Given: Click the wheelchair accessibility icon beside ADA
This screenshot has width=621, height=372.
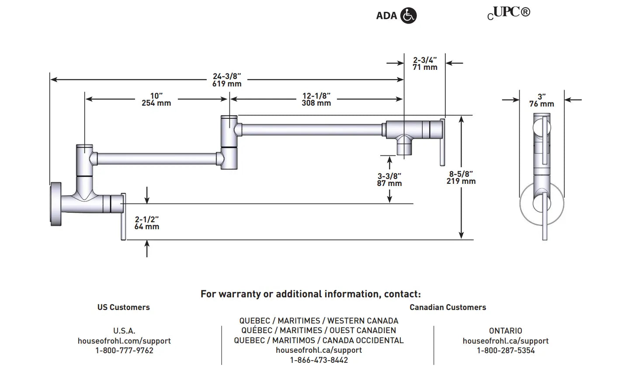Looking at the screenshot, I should point(409,16).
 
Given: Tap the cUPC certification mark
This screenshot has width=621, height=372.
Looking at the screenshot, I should point(509,13).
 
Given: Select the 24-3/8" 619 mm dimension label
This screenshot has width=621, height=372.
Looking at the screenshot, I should point(227,80).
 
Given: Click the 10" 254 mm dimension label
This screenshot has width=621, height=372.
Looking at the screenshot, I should point(156,100).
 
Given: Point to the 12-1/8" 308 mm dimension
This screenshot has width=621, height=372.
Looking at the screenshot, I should point(316,100).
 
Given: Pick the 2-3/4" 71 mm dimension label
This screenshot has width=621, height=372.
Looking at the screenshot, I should point(425,63).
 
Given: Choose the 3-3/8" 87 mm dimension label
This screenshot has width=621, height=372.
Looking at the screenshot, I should point(389,179).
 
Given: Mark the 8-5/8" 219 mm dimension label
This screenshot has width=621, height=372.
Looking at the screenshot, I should point(461,177).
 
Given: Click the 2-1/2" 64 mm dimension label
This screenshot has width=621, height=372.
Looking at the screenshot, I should point(146,223).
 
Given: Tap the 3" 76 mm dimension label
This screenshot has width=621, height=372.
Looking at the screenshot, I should point(541,100).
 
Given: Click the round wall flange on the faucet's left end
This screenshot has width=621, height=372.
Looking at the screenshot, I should point(55,204).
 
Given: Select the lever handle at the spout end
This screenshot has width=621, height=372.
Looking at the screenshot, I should point(442,142).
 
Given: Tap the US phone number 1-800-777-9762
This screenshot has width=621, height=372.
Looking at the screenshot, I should point(124,351).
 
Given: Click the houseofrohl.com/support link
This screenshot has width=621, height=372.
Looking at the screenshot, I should point(124,341).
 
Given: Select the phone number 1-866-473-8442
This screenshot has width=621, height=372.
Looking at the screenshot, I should point(319,360).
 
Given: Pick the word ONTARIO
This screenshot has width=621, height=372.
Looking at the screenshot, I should point(505,331).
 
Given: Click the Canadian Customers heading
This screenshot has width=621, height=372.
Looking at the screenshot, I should point(448,307).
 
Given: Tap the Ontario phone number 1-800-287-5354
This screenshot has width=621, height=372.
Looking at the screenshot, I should point(505,351).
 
